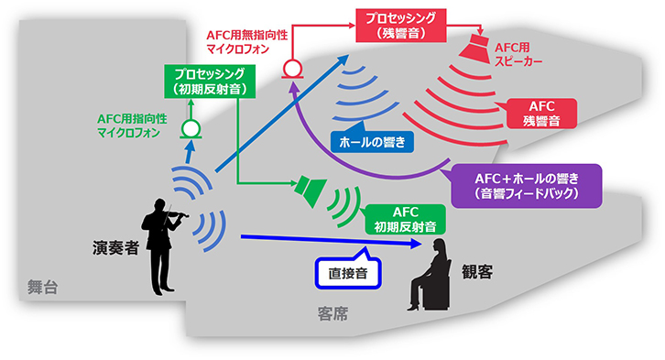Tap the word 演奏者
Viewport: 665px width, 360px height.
click(114, 248)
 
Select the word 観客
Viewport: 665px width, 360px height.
click(479, 271)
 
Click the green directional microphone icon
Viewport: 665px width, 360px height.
click(191, 129)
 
